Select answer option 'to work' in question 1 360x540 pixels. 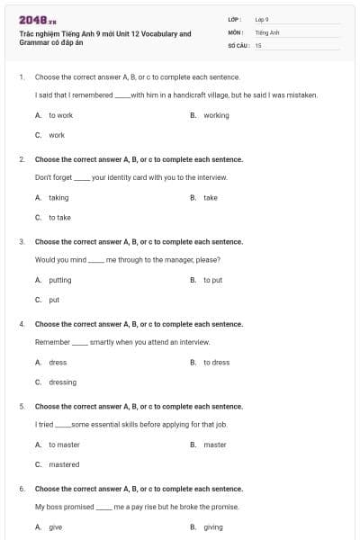coord(60,115)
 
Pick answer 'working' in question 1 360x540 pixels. coord(216,115)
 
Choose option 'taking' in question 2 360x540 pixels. coord(58,197)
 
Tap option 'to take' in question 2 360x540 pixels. coord(59,217)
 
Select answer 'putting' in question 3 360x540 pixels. coord(60,280)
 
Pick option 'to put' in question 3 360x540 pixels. coord(212,280)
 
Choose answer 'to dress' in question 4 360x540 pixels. coord(216,362)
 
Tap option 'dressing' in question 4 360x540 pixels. coord(62,382)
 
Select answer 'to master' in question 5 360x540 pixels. coord(64,445)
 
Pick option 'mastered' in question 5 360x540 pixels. coord(64,464)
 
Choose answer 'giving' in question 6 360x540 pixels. coord(213,526)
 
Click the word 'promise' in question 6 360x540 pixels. coord(226,507)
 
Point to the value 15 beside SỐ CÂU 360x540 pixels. coord(258,44)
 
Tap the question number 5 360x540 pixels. coord(21,406)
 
